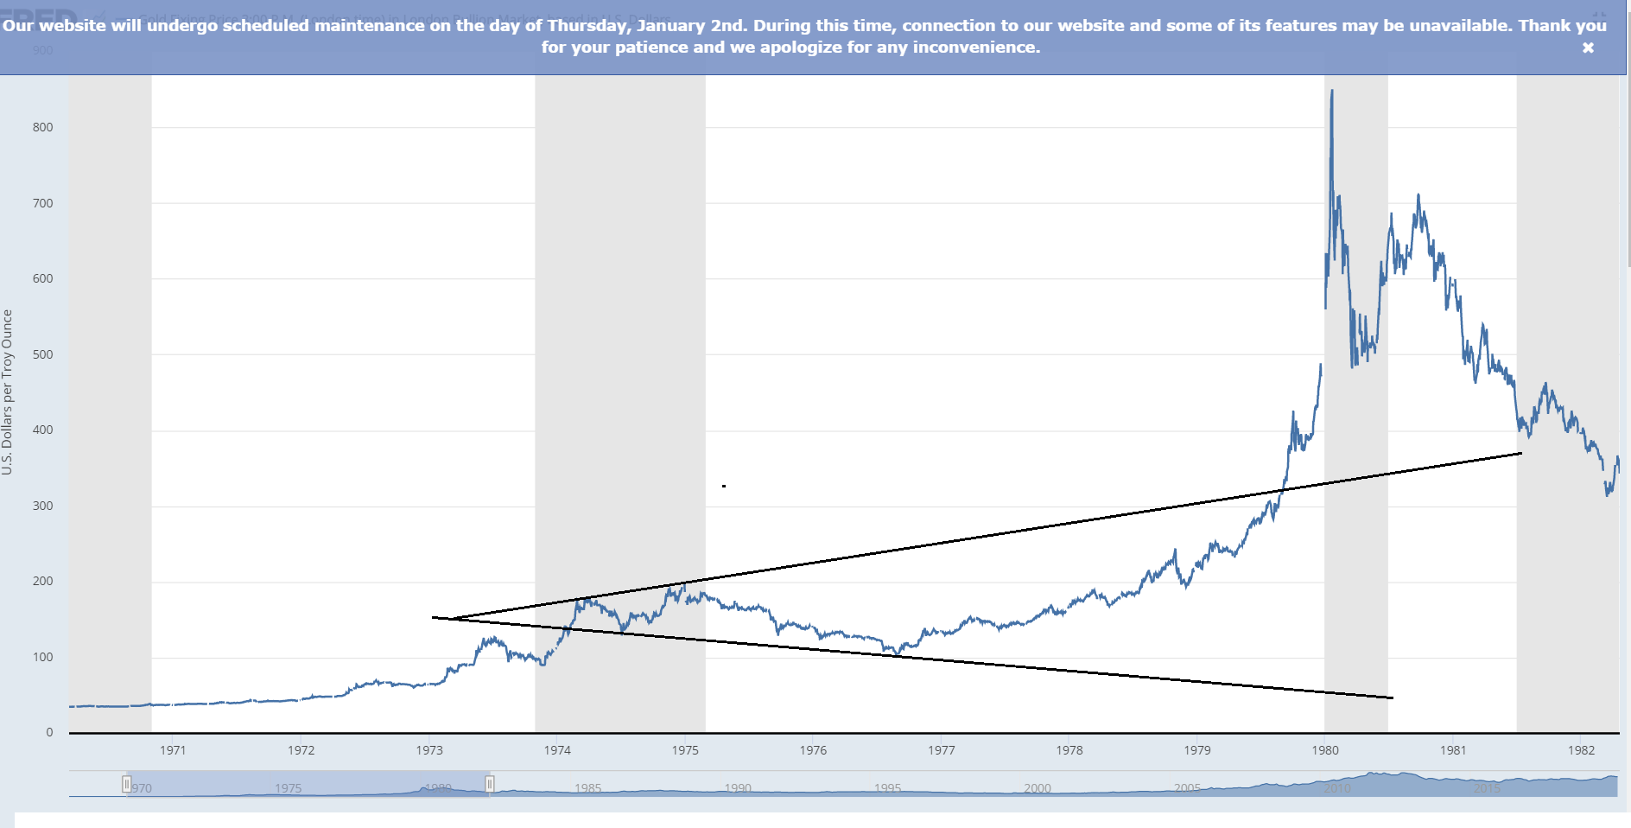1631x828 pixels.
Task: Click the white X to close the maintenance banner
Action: click(1588, 48)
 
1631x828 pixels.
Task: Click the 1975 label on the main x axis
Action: click(685, 750)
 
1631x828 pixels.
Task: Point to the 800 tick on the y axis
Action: click(42, 127)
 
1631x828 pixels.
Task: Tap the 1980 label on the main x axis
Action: click(1325, 750)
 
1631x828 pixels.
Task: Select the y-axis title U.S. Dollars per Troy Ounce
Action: click(8, 392)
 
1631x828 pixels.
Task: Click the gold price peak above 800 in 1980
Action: click(1331, 91)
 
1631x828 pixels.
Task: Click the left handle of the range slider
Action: click(127, 784)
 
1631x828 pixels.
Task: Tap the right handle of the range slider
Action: click(490, 784)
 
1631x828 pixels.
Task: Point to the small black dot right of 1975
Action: click(724, 486)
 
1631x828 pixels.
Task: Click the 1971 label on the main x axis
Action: click(173, 750)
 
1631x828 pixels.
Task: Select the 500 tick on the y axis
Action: click(42, 354)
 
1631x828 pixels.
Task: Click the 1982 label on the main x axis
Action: click(1581, 750)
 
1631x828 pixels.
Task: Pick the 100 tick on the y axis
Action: click(42, 657)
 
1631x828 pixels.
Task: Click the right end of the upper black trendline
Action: click(1521, 453)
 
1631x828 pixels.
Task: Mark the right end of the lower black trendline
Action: click(1393, 697)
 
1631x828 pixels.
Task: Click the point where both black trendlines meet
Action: click(434, 617)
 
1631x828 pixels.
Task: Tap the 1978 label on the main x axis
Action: click(1069, 750)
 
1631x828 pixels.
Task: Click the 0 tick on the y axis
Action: click(49, 732)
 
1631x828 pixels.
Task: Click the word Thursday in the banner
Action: click(587, 25)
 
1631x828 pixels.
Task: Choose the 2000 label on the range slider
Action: click(1038, 788)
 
